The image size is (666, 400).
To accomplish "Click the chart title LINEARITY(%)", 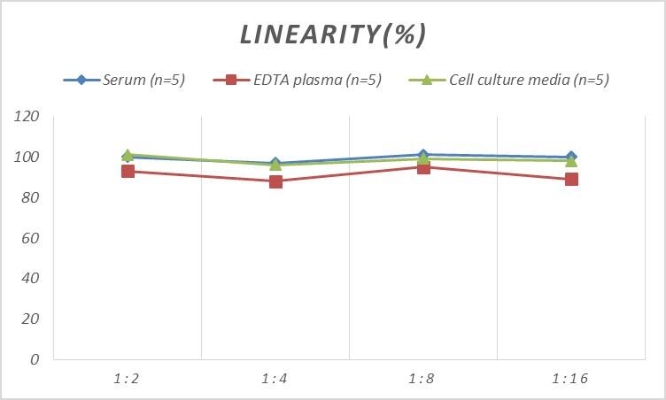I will [x=333, y=35].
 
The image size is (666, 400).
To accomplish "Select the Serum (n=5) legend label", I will [x=143, y=81].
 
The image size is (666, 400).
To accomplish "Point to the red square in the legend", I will [x=231, y=81].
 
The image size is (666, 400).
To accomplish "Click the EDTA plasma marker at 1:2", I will [x=128, y=171].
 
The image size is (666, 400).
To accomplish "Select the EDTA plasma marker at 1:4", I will [x=275, y=181].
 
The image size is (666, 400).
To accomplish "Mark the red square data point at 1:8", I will [x=423, y=167].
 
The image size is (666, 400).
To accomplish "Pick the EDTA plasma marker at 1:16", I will [x=571, y=179].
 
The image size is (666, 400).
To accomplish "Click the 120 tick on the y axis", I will [x=27, y=117].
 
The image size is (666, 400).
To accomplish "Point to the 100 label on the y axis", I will [x=27, y=158].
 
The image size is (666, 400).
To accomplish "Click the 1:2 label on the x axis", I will [x=128, y=378].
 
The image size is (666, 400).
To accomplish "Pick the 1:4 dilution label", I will [x=275, y=378].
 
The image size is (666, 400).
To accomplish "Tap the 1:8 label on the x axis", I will [x=423, y=378].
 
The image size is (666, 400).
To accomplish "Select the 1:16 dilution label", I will [x=570, y=378].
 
